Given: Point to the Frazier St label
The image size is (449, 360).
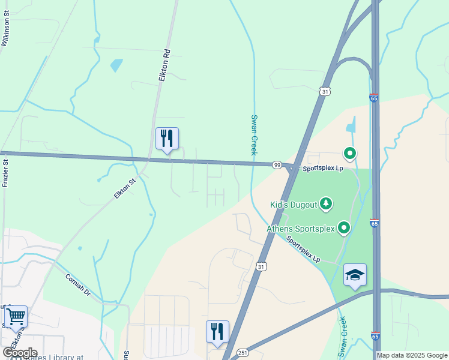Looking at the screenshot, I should (5, 173).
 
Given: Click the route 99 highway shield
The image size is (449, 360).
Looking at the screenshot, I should (277, 165).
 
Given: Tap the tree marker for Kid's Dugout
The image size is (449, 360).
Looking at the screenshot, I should (326, 204).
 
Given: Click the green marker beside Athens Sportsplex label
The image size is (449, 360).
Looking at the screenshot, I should (344, 227).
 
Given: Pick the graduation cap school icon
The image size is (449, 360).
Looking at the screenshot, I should (355, 275).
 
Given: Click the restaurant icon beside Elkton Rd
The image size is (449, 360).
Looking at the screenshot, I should (167, 138).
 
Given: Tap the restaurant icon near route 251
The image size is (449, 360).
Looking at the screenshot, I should (217, 331).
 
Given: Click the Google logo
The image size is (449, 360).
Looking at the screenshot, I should (19, 352).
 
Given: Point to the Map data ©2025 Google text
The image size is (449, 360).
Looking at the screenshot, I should (411, 355).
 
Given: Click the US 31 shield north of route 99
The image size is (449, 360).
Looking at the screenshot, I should (325, 91).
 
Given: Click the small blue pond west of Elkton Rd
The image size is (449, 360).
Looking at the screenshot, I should (116, 65).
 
